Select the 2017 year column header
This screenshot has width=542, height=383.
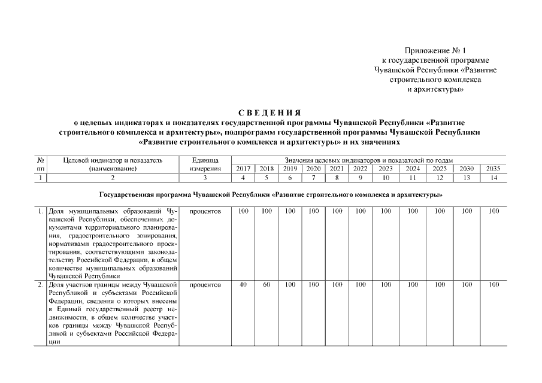[x=243, y=169]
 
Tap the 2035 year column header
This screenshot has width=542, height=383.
[x=493, y=169]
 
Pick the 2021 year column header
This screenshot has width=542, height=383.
[x=337, y=169]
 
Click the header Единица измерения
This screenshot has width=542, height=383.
[x=205, y=165]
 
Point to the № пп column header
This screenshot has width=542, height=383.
[x=41, y=165]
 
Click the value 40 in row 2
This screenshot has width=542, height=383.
[x=243, y=285]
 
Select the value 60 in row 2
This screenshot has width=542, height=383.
[x=267, y=285]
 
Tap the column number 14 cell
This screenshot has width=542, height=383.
[x=493, y=178]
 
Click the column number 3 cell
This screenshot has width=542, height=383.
[x=205, y=178]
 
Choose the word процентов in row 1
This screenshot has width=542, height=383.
[x=205, y=212]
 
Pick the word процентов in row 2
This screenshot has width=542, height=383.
[x=205, y=285]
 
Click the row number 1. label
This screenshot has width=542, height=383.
[x=40, y=212]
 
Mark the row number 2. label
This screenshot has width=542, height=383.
[x=40, y=285]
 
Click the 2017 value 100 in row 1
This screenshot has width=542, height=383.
[x=243, y=212]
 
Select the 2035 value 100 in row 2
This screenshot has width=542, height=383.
[x=493, y=285]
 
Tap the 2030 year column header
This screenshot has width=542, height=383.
[x=467, y=169]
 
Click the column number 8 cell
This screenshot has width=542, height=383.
[x=337, y=178]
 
